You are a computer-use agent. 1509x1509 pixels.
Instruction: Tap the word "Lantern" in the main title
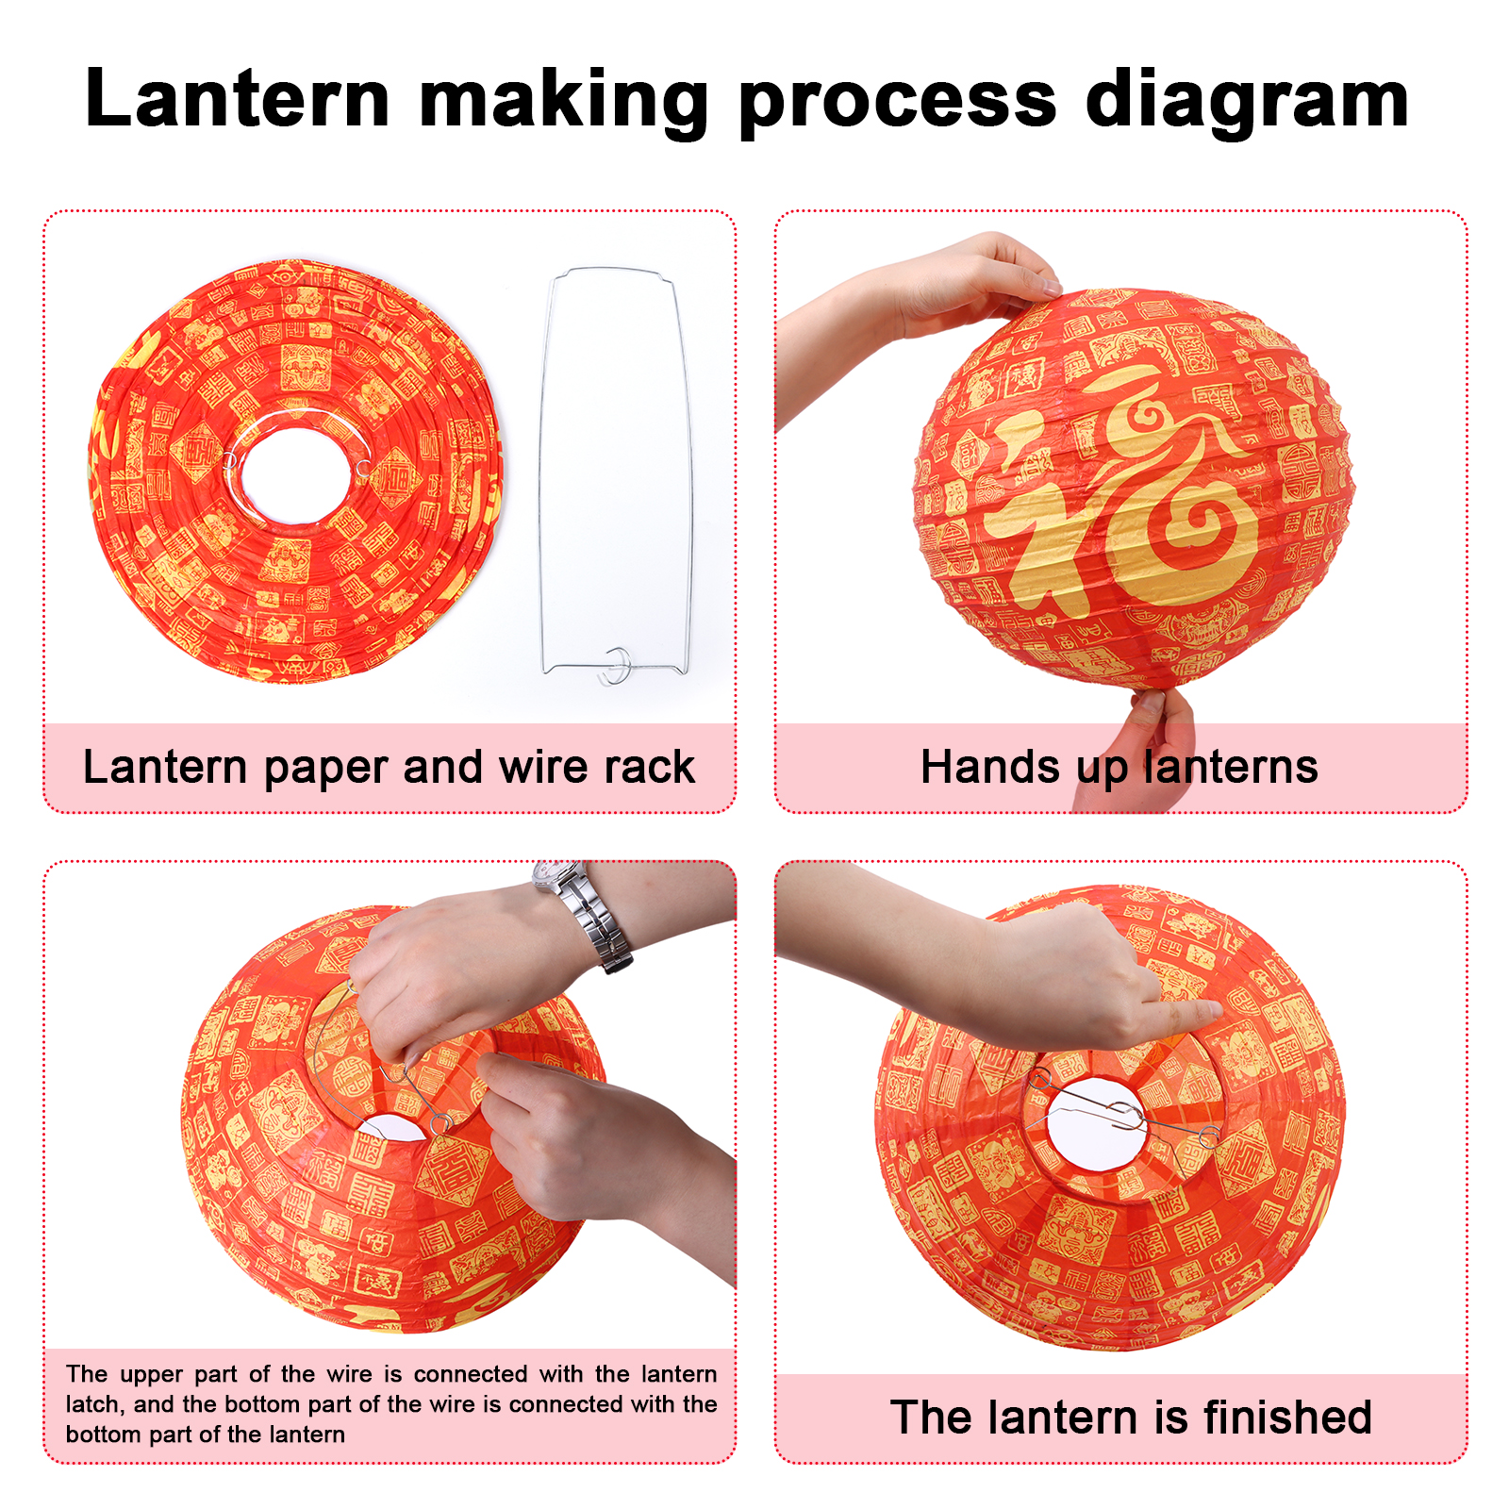[x=237, y=98]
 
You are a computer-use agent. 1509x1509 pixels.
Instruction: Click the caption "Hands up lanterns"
[x=1119, y=767]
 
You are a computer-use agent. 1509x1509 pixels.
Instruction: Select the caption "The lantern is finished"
[x=1131, y=1418]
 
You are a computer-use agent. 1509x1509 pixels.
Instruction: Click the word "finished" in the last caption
[x=1287, y=1418]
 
